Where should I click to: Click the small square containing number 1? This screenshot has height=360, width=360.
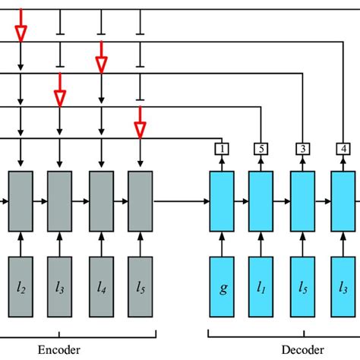pyautogui.click(x=222, y=149)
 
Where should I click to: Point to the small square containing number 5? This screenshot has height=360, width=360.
pyautogui.click(x=261, y=149)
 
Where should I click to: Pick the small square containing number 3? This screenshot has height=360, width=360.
pyautogui.click(x=302, y=149)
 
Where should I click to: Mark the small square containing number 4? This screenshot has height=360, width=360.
pyautogui.click(x=342, y=149)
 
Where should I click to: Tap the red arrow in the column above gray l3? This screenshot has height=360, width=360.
pyautogui.click(x=60, y=97)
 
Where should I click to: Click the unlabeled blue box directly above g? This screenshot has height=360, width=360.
pyautogui.click(x=222, y=201)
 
